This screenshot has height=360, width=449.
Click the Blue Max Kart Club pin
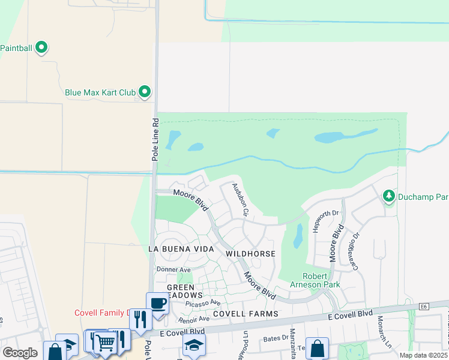pyautogui.click(x=145, y=92)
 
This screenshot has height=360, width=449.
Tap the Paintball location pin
pyautogui.click(x=41, y=47)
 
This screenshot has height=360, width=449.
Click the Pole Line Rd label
pyautogui.click(x=155, y=139)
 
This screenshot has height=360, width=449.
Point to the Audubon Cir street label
pyautogui.click(x=240, y=199)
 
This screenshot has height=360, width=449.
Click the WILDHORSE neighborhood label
pyautogui.click(x=250, y=254)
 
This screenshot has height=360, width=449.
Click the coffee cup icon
pyautogui.click(x=158, y=303)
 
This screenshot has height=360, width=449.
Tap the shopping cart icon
pyautogui.click(x=105, y=342)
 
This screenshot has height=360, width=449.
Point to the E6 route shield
pyautogui.click(x=424, y=307)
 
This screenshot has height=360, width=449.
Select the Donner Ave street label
pyautogui.click(x=173, y=270)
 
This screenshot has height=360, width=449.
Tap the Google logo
pyautogui.click(x=20, y=353)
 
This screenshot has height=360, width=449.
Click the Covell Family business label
pyautogui.click(x=101, y=313)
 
